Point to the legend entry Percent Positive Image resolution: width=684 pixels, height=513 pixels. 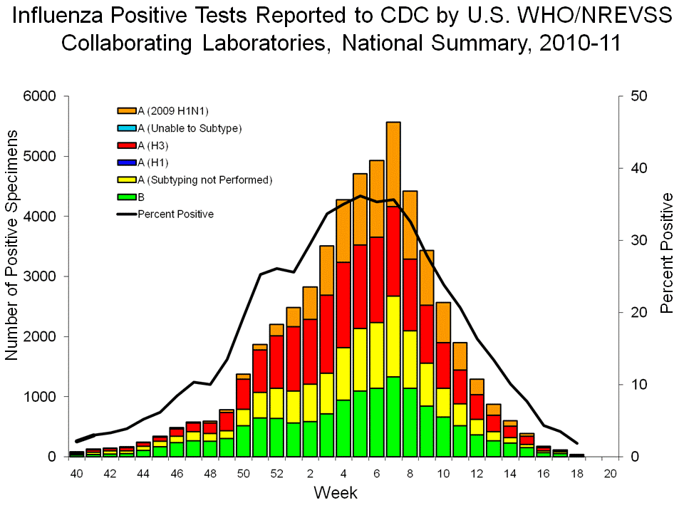coord(175,214)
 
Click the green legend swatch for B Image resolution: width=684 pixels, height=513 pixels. coord(127,197)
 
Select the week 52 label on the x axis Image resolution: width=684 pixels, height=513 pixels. coord(277,473)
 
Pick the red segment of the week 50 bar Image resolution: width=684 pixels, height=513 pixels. coord(244,394)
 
